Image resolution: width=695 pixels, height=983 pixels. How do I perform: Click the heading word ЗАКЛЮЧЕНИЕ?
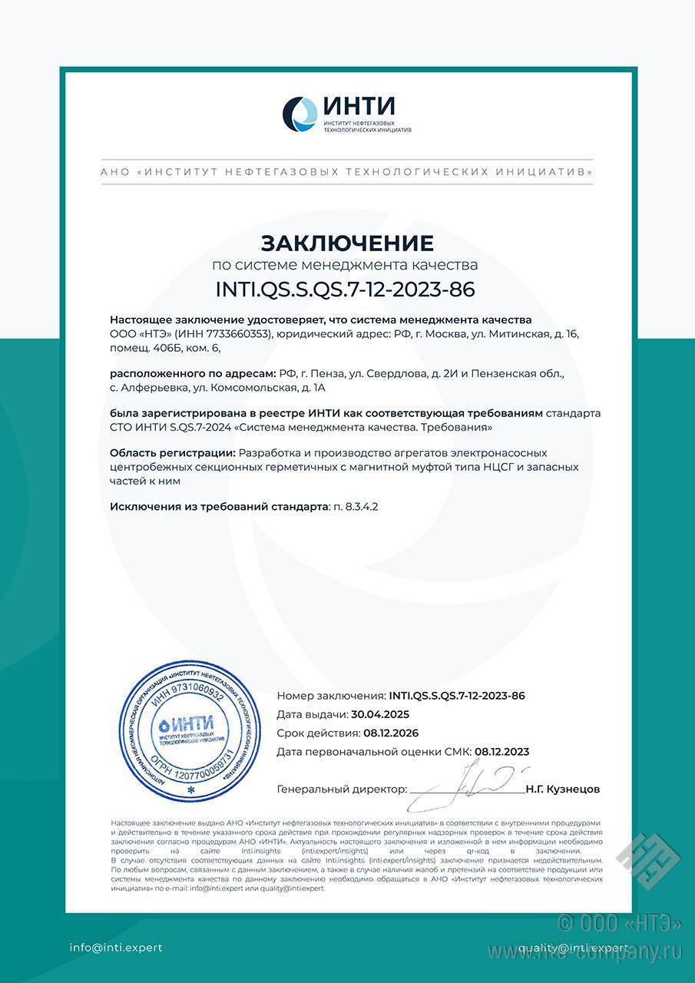[347, 243]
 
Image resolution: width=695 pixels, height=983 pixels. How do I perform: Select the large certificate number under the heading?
[347, 290]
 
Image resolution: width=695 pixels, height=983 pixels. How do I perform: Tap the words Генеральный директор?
[341, 789]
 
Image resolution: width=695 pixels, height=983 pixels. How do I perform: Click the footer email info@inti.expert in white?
[116, 948]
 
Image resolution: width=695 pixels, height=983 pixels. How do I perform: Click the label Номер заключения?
[331, 696]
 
